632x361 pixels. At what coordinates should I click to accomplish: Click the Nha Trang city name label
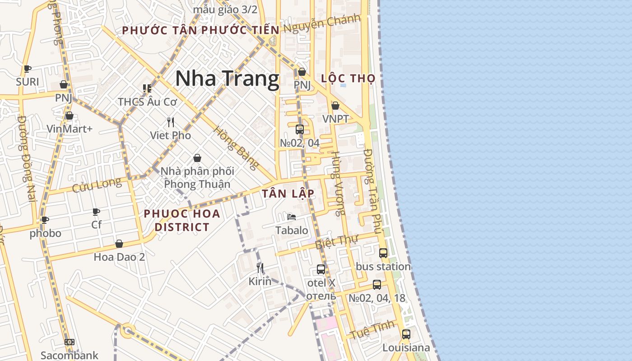(227, 79)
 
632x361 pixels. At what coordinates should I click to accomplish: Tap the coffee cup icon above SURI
(28, 69)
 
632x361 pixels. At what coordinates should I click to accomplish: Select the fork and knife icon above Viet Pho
(171, 122)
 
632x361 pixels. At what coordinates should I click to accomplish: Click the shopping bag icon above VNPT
(335, 106)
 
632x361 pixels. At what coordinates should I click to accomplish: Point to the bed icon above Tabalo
(292, 217)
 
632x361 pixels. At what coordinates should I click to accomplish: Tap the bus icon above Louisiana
(406, 334)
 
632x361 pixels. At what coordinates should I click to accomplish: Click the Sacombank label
(70, 355)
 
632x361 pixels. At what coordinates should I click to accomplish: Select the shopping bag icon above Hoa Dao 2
(119, 244)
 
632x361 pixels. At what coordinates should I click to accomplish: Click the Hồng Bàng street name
(236, 148)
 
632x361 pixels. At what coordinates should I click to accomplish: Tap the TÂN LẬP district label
(288, 194)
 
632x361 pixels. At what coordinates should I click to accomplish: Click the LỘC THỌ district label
(348, 78)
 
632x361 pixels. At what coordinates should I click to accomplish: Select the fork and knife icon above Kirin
(260, 268)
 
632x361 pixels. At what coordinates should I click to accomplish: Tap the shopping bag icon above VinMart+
(69, 116)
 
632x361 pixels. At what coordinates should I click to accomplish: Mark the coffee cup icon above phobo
(45, 220)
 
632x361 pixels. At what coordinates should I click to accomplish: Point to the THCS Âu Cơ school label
(148, 102)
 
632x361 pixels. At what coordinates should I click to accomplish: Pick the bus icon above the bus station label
(383, 253)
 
